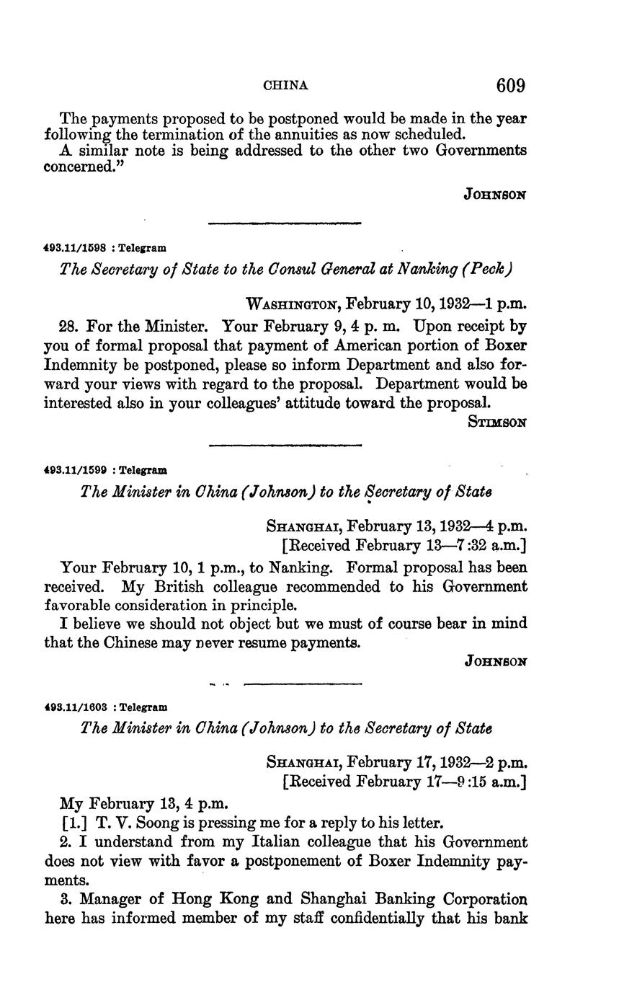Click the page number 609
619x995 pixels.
point(510,86)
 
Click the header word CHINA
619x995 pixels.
point(286,86)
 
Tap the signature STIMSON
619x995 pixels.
point(497,423)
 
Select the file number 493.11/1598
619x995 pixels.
point(75,247)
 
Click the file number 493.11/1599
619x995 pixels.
point(75,470)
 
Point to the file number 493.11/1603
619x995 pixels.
point(75,707)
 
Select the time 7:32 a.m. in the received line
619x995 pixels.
point(486,546)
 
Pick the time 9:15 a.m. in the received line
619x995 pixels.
point(486,782)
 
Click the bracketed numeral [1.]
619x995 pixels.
point(75,822)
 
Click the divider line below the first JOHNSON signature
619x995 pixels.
point(285,224)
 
